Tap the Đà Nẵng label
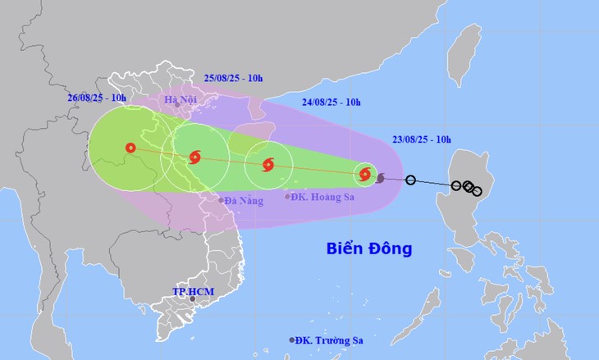245,200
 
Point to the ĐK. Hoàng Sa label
318,197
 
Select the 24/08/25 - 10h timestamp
331,103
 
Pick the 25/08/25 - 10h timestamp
233,78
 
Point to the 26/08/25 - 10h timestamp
99,98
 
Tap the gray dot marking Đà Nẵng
222,199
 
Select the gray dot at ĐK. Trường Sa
291,340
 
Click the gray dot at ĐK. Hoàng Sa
287,196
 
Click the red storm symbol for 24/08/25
268,165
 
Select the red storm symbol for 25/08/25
194,157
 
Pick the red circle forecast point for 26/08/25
130,148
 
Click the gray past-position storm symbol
380,176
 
